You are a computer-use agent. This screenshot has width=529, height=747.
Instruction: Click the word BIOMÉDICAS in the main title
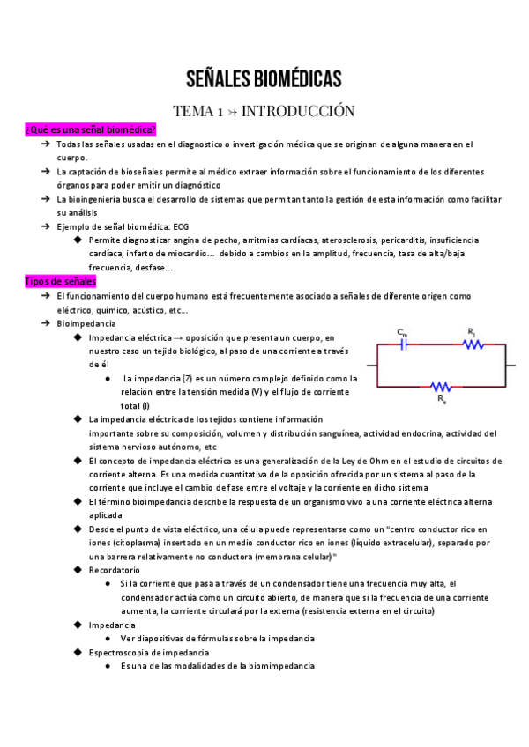tap(295, 79)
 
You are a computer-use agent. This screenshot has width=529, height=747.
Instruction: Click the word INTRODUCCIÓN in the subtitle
tap(298, 111)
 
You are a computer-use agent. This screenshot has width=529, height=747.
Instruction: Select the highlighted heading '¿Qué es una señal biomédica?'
tap(91, 129)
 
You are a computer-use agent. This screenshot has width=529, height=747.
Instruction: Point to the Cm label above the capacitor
tap(402, 333)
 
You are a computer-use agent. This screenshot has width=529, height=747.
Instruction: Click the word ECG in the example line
tap(181, 226)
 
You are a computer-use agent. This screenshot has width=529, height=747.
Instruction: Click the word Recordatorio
tap(114, 570)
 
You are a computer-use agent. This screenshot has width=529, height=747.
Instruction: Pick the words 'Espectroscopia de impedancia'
tap(147, 652)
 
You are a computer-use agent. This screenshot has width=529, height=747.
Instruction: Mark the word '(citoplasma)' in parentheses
tap(129, 543)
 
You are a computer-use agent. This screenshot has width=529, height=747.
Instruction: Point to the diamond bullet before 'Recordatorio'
tap(78, 570)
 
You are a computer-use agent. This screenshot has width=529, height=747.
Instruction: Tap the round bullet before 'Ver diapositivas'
tap(107, 639)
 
